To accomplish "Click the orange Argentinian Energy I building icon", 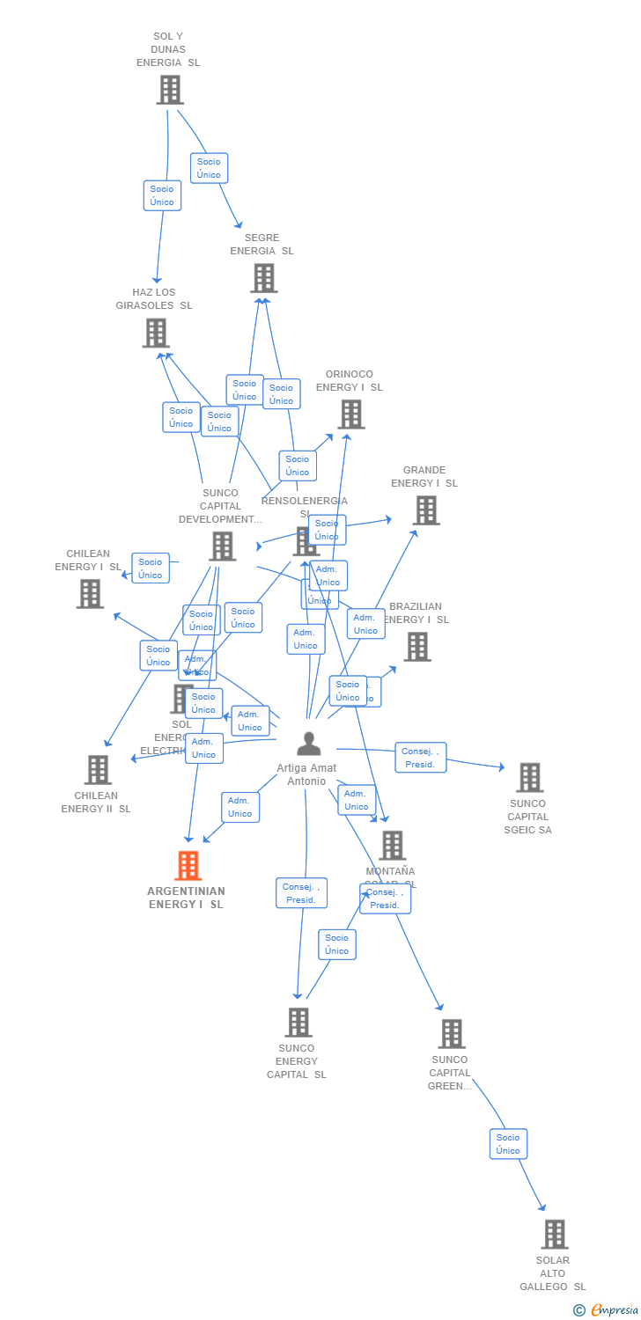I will (x=188, y=866).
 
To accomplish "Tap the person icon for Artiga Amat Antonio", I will (x=308, y=744).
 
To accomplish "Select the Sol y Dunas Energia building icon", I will (x=169, y=90).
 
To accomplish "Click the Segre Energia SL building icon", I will (x=263, y=278).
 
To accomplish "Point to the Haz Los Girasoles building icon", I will (x=156, y=333).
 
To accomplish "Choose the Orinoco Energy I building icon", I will (x=350, y=414).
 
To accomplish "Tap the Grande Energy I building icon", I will (x=425, y=510).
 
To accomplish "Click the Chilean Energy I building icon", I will (x=90, y=594).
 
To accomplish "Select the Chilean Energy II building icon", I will (x=97, y=770).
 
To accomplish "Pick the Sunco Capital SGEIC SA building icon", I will (x=528, y=778).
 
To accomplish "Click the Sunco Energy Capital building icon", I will (x=298, y=1023).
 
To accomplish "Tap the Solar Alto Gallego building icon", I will (x=554, y=1235).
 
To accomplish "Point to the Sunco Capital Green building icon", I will (x=451, y=1034).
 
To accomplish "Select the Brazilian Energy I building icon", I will (x=416, y=647).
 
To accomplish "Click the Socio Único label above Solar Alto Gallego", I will (x=508, y=1144).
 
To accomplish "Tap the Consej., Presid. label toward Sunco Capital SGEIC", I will (x=420, y=758).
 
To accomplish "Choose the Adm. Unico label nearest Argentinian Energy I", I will (x=239, y=807).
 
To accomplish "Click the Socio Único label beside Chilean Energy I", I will (x=151, y=568).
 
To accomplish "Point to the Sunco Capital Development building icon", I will (x=222, y=546).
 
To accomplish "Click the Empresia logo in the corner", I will (x=607, y=1310).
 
